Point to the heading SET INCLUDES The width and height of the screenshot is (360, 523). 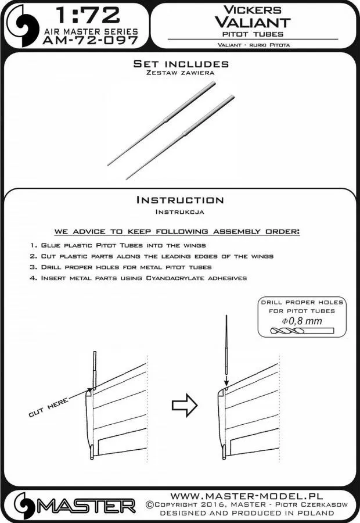pos(179,63)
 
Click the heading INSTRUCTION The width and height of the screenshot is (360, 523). pos(179,200)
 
